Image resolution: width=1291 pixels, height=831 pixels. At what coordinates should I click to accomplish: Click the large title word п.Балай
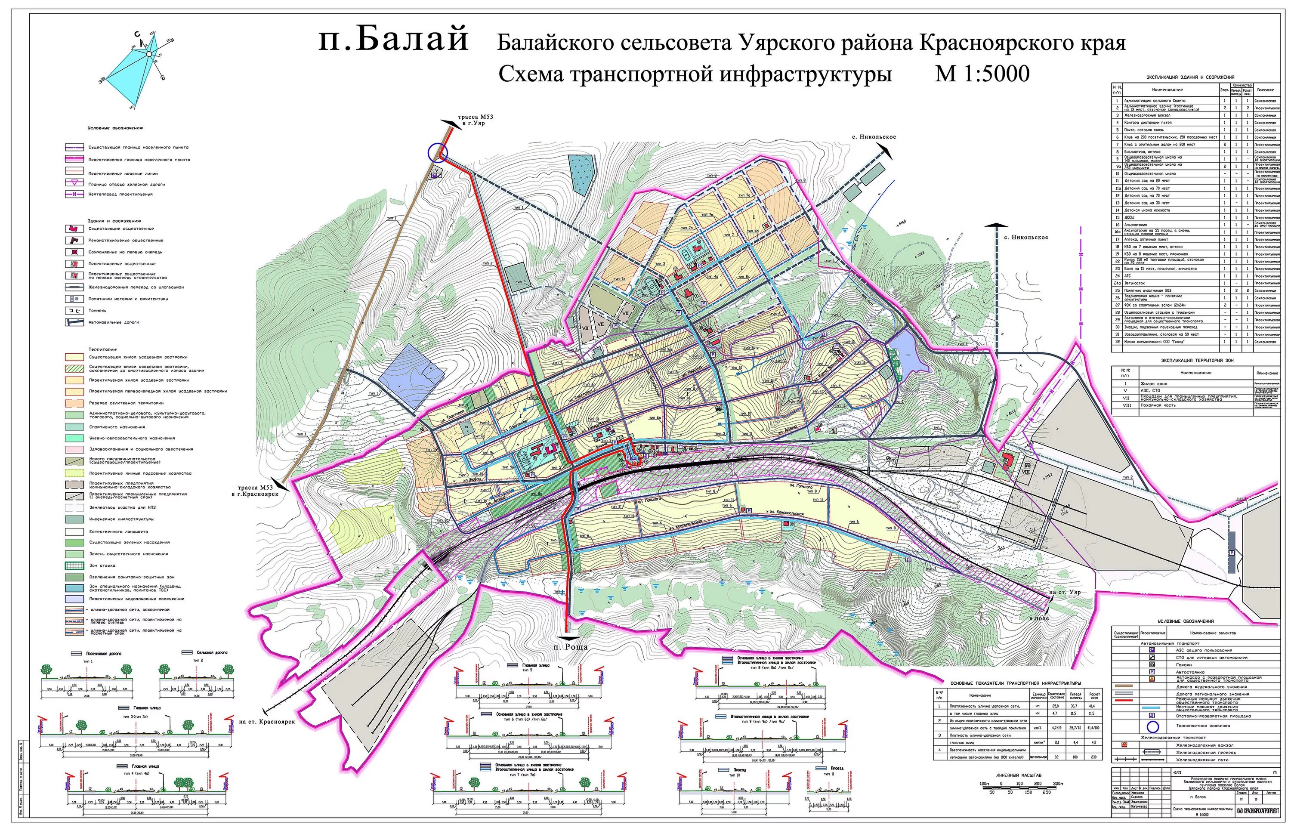(393, 40)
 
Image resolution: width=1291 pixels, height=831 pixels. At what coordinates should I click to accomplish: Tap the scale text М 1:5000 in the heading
(982, 74)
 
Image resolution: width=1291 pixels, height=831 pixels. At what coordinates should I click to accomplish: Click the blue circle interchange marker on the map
(438, 152)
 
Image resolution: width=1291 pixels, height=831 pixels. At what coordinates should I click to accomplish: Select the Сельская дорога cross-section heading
(206, 652)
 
